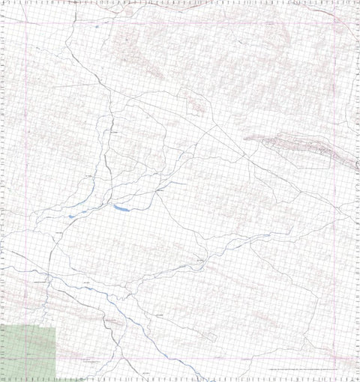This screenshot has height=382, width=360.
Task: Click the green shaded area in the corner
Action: click(x=28, y=352)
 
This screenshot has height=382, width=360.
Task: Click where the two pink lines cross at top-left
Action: click(x=27, y=21)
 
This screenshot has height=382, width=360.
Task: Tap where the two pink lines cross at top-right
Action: click(x=334, y=21)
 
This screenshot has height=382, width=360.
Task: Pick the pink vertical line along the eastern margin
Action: click(x=334, y=187)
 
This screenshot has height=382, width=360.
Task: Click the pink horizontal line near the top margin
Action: click(x=180, y=21)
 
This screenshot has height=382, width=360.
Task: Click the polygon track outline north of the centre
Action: click(x=191, y=101)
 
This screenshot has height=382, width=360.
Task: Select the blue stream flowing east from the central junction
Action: click(x=176, y=183)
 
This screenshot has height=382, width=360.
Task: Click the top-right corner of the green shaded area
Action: click(x=55, y=327)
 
